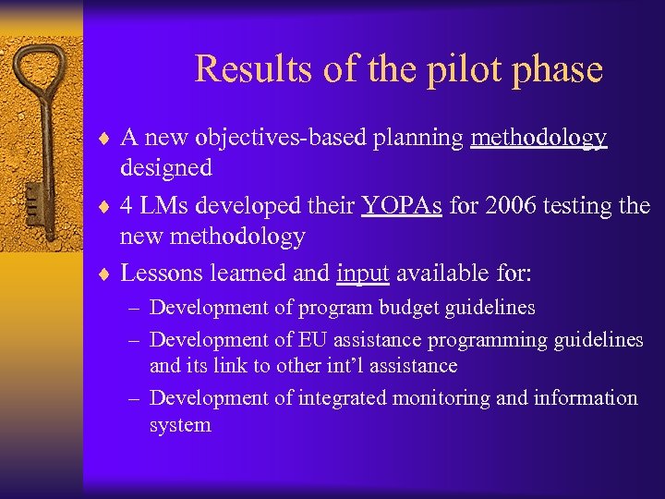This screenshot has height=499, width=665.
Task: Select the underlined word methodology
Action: (x=538, y=138)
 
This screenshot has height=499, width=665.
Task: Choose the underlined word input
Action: (x=363, y=273)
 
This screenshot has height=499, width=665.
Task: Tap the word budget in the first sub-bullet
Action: (x=387, y=308)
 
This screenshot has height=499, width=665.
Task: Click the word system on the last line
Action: (x=180, y=425)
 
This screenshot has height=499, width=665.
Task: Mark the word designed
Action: (x=166, y=167)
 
